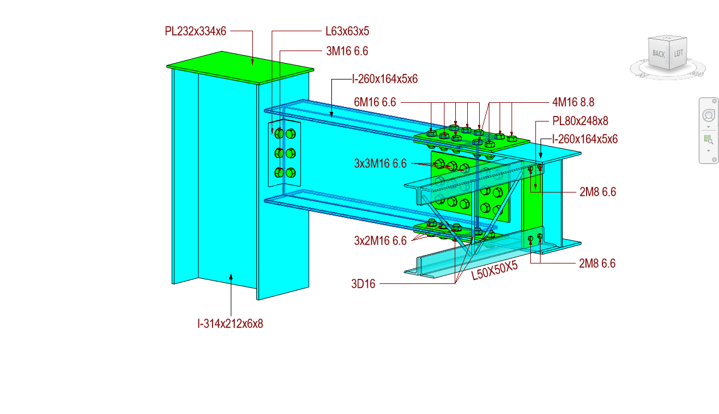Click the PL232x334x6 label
pyautogui.click(x=195, y=32)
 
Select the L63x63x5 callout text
pyautogui.click(x=347, y=32)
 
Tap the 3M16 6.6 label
pyautogui.click(x=347, y=51)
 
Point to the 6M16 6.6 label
pyautogui.click(x=374, y=102)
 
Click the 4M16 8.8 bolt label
pyautogui.click(x=573, y=102)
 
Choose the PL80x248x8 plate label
pyautogui.click(x=580, y=121)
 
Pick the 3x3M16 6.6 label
pyautogui.click(x=380, y=164)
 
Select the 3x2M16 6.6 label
pyautogui.click(x=380, y=241)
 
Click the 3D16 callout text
pyautogui.click(x=363, y=284)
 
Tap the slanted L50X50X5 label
pyautogui.click(x=494, y=271)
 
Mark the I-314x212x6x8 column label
pyautogui.click(x=230, y=324)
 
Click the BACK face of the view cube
pyautogui.click(x=658, y=54)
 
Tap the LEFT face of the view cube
pyautogui.click(x=678, y=53)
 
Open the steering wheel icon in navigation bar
pyautogui.click(x=708, y=115)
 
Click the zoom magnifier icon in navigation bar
pyautogui.click(x=708, y=139)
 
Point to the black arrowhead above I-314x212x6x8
pyautogui.click(x=231, y=277)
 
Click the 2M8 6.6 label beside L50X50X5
pyautogui.click(x=597, y=264)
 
